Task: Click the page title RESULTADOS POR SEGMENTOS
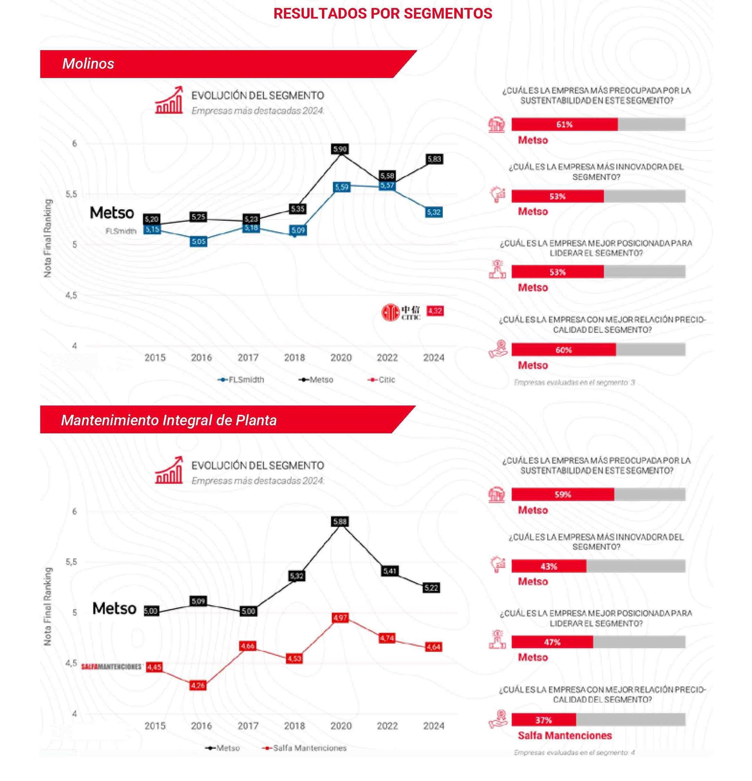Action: click(x=382, y=13)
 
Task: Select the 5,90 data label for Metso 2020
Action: click(x=340, y=149)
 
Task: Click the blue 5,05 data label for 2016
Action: click(x=198, y=242)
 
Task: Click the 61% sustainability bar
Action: click(x=564, y=124)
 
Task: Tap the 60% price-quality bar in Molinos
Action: click(x=563, y=350)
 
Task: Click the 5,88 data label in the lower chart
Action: click(x=340, y=521)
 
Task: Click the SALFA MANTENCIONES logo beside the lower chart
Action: click(x=111, y=667)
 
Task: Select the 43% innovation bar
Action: click(x=549, y=566)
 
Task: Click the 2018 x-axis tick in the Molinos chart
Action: click(x=294, y=358)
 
